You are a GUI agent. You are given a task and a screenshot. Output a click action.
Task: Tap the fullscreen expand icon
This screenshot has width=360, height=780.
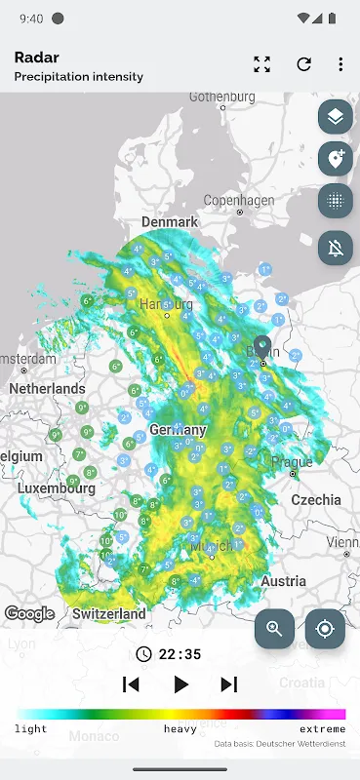pyautogui.click(x=261, y=64)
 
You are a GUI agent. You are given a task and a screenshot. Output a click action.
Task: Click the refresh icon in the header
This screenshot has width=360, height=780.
pyautogui.click(x=303, y=64)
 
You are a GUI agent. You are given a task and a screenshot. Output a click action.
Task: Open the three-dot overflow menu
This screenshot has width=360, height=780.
pyautogui.click(x=340, y=64)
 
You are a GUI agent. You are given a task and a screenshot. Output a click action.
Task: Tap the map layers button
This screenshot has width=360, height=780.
pyautogui.click(x=336, y=117)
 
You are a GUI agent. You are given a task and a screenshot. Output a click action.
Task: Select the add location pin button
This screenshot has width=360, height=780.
pyautogui.click(x=336, y=159)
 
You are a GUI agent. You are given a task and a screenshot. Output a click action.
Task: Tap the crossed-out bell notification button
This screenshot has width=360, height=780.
pyautogui.click(x=336, y=248)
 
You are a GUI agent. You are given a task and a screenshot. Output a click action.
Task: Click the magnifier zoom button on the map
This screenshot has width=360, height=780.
pyautogui.click(x=274, y=629)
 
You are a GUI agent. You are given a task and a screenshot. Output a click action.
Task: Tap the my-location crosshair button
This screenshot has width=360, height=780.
pyautogui.click(x=325, y=629)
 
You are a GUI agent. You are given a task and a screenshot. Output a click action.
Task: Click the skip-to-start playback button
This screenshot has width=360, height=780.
pyautogui.click(x=131, y=684)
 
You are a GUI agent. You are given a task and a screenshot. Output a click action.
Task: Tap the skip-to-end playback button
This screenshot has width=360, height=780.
pyautogui.click(x=229, y=684)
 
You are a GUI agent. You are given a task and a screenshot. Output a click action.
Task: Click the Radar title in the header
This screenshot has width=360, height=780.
pyautogui.click(x=36, y=58)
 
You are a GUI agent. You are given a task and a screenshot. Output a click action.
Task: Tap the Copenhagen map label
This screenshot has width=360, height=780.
pyautogui.click(x=238, y=200)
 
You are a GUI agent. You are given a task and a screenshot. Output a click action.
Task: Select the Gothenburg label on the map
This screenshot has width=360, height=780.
pyautogui.click(x=221, y=97)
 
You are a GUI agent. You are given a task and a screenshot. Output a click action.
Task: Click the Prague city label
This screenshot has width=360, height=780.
pyautogui.click(x=292, y=461)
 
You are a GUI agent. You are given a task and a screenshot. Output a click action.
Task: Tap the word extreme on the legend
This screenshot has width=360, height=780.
pyautogui.click(x=322, y=728)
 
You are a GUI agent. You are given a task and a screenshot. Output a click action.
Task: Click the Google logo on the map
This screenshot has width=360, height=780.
pyautogui.click(x=29, y=613)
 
